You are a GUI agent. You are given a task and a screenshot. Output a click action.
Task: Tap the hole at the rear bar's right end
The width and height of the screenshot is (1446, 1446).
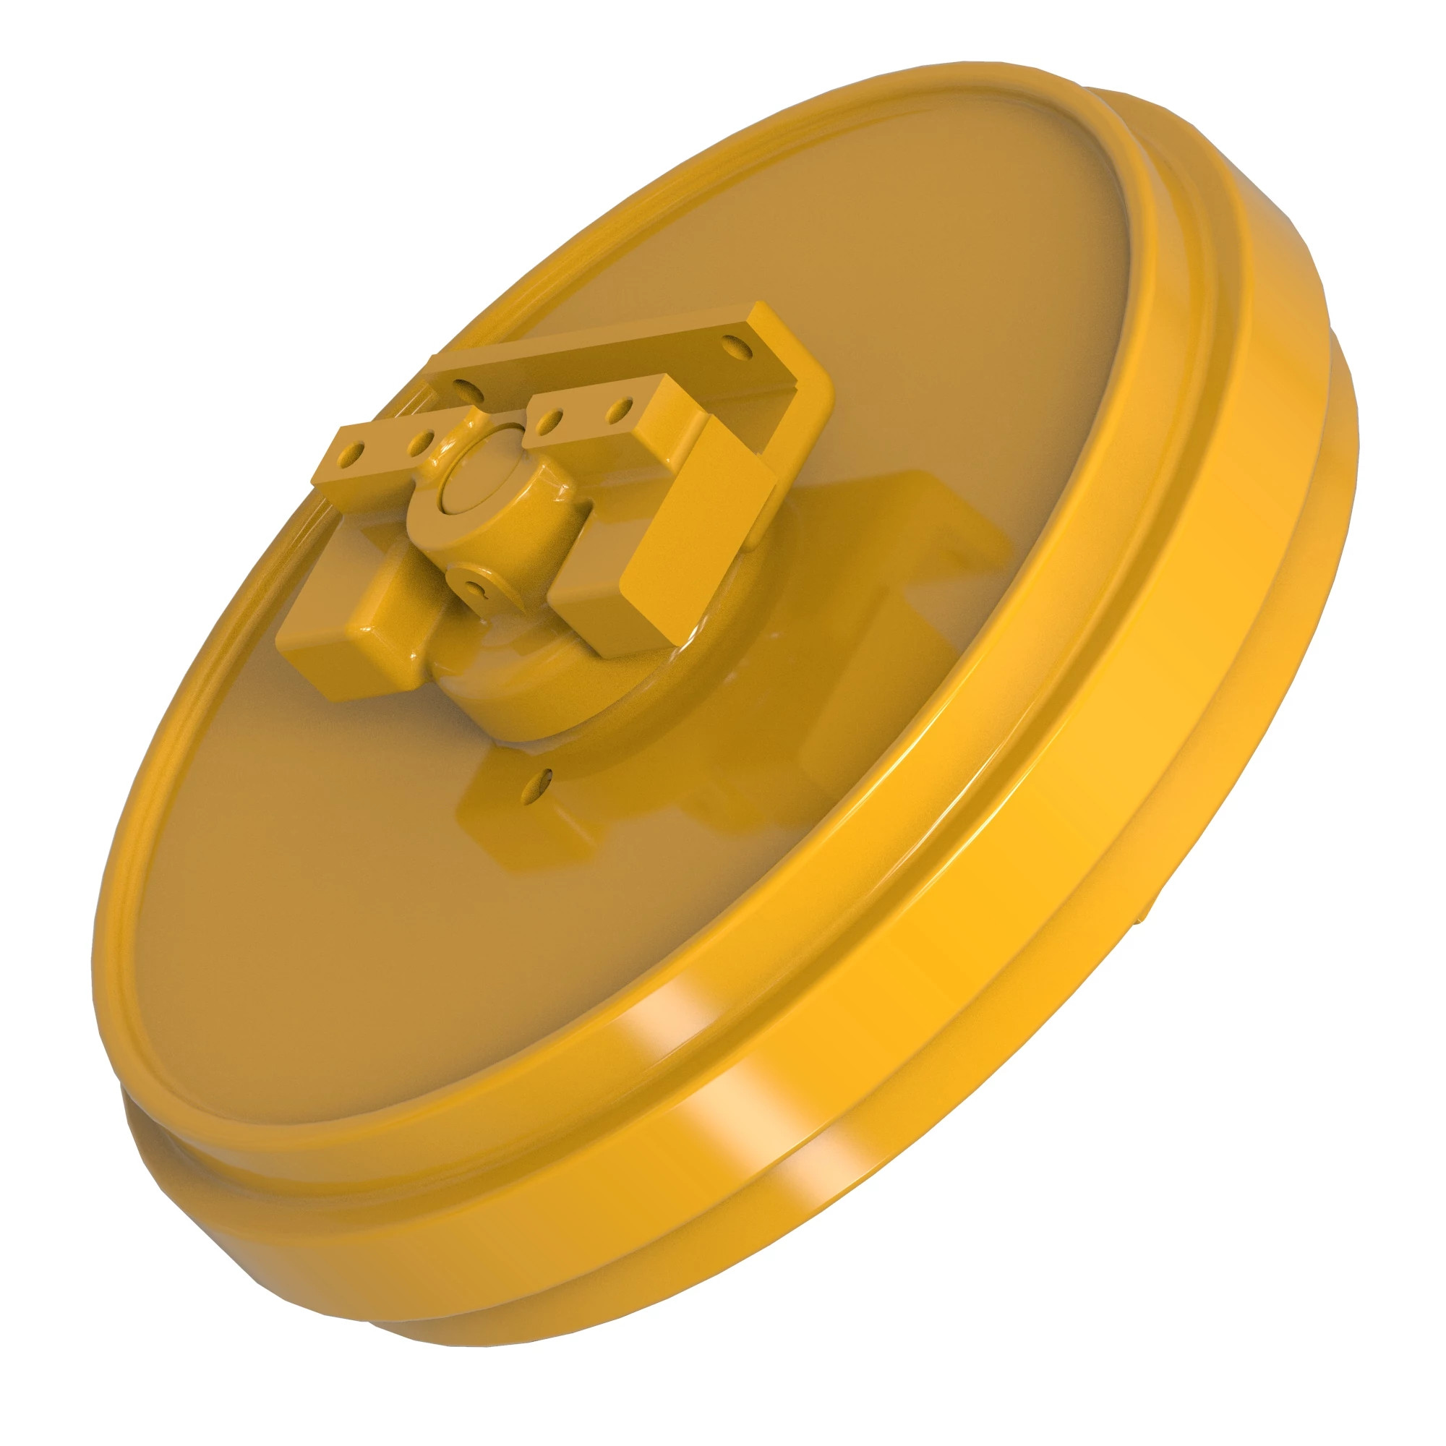[x=737, y=346]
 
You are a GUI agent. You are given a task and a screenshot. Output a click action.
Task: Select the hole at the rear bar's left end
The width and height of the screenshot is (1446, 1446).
[x=463, y=387]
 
